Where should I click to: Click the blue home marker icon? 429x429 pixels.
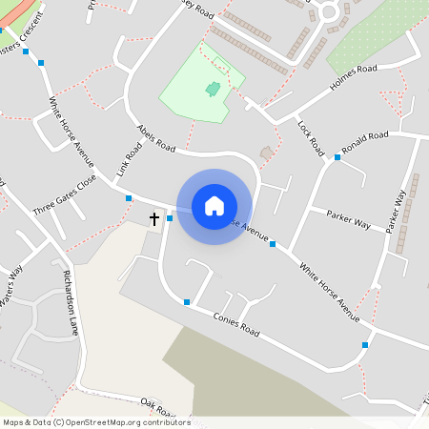(x=214, y=205)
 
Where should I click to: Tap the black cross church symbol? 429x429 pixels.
(x=154, y=218)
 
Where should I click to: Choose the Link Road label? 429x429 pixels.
(x=129, y=160)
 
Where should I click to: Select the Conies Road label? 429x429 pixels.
(x=236, y=324)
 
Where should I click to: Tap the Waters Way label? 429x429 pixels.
(x=11, y=286)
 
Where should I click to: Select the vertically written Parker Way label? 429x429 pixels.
(x=396, y=212)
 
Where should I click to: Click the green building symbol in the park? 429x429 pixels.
(x=213, y=90)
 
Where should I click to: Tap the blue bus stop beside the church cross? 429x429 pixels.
(x=170, y=218)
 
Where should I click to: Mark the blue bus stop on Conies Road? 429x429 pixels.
(x=187, y=302)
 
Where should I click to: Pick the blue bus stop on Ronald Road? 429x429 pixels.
(x=337, y=157)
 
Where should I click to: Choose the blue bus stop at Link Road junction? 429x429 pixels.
(x=129, y=198)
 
